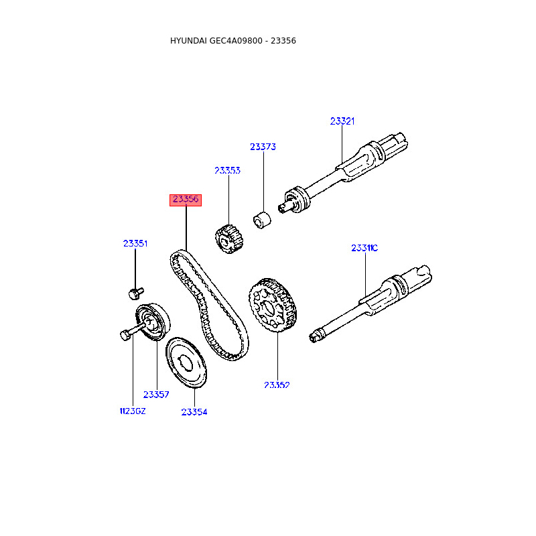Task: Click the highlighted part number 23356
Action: coord(186,200)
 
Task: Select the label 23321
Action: coord(342,121)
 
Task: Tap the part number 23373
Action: coord(263,147)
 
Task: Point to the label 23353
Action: coord(227,171)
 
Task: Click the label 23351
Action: coord(135,244)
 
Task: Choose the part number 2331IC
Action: coord(364,248)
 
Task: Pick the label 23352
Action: coord(277,385)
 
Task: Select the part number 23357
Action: coord(156,395)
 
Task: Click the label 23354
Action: coord(194,412)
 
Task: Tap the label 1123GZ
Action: coord(132,411)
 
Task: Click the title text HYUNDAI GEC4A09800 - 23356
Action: coord(233,41)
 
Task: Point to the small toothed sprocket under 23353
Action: coord(228,239)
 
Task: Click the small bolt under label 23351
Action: coord(136,293)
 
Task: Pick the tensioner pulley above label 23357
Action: coord(154,321)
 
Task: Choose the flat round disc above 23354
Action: coord(187,362)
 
